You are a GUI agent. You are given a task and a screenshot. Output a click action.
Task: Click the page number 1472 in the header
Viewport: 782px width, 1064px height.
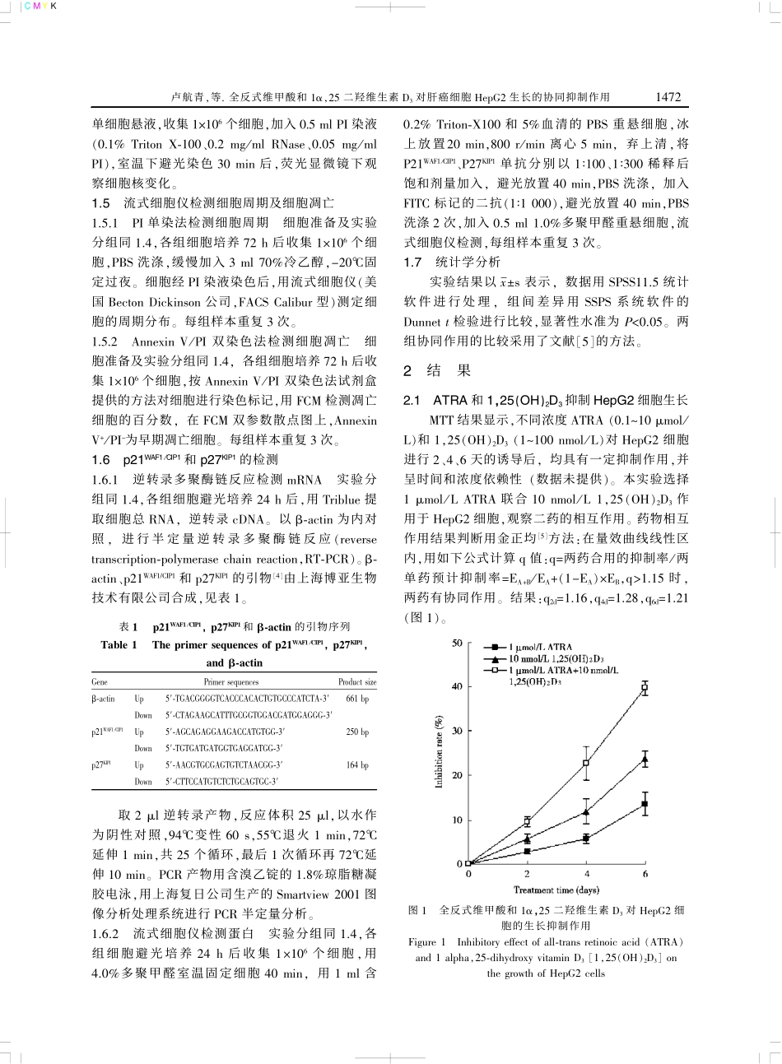[668, 96]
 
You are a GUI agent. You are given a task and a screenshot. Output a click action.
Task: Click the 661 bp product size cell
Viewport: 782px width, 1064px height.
[357, 699]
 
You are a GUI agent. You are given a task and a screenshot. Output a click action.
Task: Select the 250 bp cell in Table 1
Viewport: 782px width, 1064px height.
[357, 732]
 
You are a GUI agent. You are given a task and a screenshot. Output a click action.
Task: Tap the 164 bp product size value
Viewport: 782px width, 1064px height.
[357, 764]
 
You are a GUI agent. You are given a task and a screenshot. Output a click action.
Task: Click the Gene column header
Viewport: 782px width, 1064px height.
[99, 681]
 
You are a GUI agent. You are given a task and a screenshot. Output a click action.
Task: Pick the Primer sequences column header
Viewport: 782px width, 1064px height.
[230, 681]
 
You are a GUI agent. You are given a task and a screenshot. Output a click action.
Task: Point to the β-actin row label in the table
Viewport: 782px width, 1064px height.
[103, 699]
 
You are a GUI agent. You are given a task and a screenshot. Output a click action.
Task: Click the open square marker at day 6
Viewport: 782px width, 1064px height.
[645, 686]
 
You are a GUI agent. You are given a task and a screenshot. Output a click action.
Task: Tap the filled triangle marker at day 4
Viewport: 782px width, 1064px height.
[586, 812]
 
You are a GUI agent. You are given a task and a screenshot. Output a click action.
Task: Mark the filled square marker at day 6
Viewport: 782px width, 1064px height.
[645, 804]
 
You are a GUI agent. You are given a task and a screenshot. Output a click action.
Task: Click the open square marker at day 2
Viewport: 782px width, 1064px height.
[527, 821]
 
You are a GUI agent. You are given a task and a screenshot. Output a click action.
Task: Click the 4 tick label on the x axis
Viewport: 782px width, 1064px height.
[586, 874]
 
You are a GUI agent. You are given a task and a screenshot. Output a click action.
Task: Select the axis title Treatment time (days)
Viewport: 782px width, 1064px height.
[556, 890]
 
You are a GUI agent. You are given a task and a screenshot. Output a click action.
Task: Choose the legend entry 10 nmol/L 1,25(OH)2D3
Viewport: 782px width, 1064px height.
[555, 659]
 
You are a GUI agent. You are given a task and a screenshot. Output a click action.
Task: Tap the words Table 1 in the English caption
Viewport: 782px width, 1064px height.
[119, 645]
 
